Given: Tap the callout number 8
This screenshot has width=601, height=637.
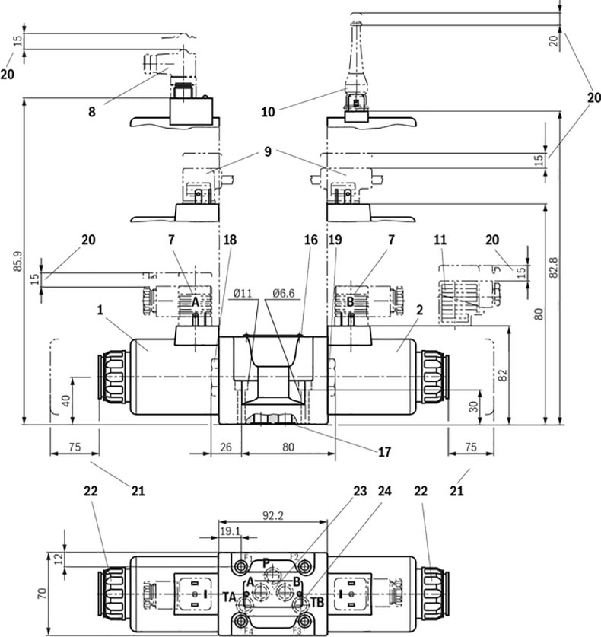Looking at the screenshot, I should pyautogui.click(x=92, y=110).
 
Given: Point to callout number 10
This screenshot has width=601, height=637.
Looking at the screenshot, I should pyautogui.click(x=268, y=111).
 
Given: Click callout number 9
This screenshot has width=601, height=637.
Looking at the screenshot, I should pyautogui.click(x=268, y=152).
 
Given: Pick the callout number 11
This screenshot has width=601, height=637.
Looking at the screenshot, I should pyautogui.click(x=440, y=240).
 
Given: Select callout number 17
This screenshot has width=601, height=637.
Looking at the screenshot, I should pyautogui.click(x=384, y=451).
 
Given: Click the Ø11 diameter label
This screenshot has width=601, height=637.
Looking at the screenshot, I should pyautogui.click(x=243, y=293).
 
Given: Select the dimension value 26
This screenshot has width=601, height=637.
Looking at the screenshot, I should pyautogui.click(x=225, y=447).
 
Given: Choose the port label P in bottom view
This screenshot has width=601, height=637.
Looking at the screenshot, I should pyautogui.click(x=266, y=562).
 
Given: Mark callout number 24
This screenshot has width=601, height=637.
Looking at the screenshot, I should pyautogui.click(x=384, y=492).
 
